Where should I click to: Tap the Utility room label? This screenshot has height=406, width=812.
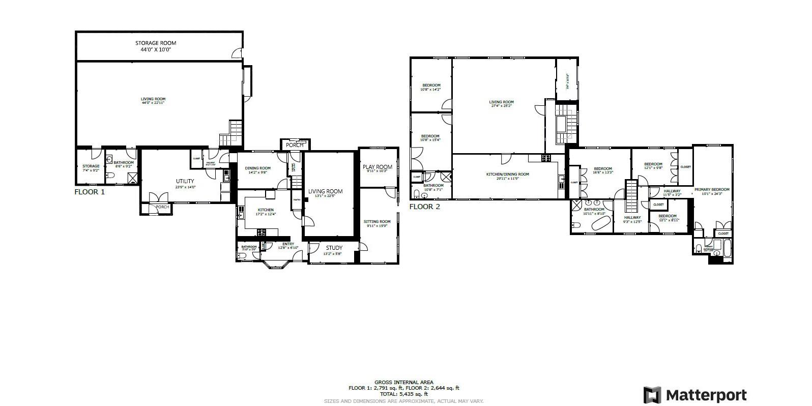pos(185,181)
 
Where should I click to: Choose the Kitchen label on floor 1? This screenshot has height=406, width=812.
pos(265,210)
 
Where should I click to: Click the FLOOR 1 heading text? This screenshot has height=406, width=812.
pos(90,192)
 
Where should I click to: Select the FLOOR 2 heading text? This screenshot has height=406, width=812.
pos(424,207)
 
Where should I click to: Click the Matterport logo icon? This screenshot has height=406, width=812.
pos(652,395)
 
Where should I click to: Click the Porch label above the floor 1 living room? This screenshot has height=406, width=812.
pos(295,145)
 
